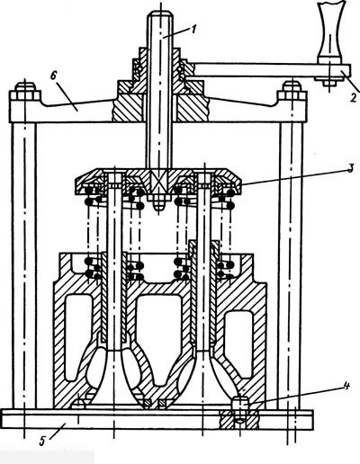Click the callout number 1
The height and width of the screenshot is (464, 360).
click(193, 30)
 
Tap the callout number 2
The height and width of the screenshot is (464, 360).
click(354, 97)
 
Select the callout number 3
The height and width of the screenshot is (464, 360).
click(350, 168)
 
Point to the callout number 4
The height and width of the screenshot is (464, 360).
click(346, 387)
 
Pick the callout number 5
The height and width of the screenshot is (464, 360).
click(42, 441)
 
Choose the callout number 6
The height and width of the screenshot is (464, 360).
click(53, 76)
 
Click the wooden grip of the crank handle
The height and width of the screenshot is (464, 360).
click(329, 32)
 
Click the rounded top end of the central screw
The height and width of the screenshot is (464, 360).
click(159, 14)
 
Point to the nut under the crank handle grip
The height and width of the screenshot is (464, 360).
click(328, 82)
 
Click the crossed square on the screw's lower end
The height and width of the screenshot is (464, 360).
click(159, 183)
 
